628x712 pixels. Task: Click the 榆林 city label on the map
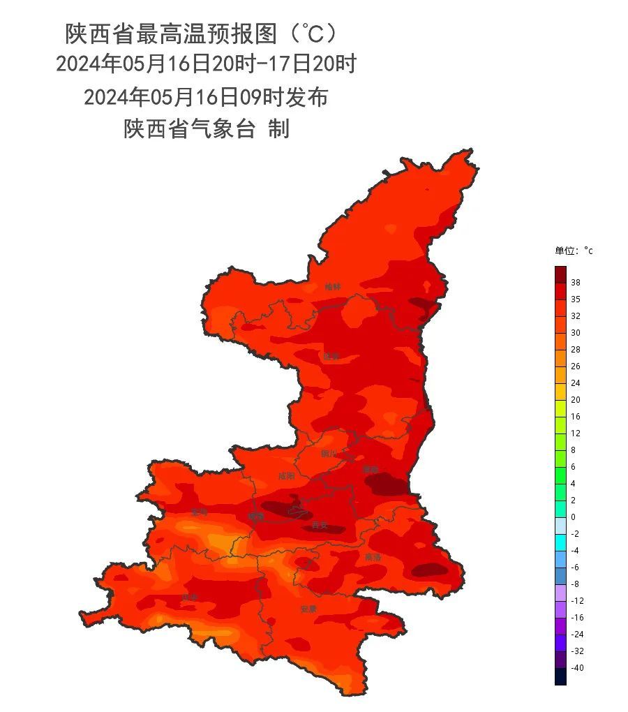click(x=333, y=286)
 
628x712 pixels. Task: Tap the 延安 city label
click(x=331, y=356)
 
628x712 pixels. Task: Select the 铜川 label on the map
click(x=329, y=454)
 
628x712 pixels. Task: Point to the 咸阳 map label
click(x=286, y=476)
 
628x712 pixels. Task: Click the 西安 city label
click(x=320, y=524)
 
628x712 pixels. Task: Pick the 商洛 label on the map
click(x=373, y=557)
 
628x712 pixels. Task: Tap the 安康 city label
click(x=308, y=609)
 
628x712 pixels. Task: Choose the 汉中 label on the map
click(x=189, y=598)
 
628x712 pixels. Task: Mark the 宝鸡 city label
click(x=199, y=512)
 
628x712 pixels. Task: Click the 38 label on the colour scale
click(x=575, y=283)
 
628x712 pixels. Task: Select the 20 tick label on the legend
click(x=575, y=400)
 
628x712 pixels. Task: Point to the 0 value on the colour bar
click(x=573, y=517)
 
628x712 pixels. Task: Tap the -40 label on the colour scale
click(x=577, y=668)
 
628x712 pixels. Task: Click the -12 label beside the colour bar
click(x=577, y=601)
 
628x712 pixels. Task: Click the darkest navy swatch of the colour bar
click(x=560, y=676)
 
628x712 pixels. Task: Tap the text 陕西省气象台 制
click(x=207, y=129)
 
